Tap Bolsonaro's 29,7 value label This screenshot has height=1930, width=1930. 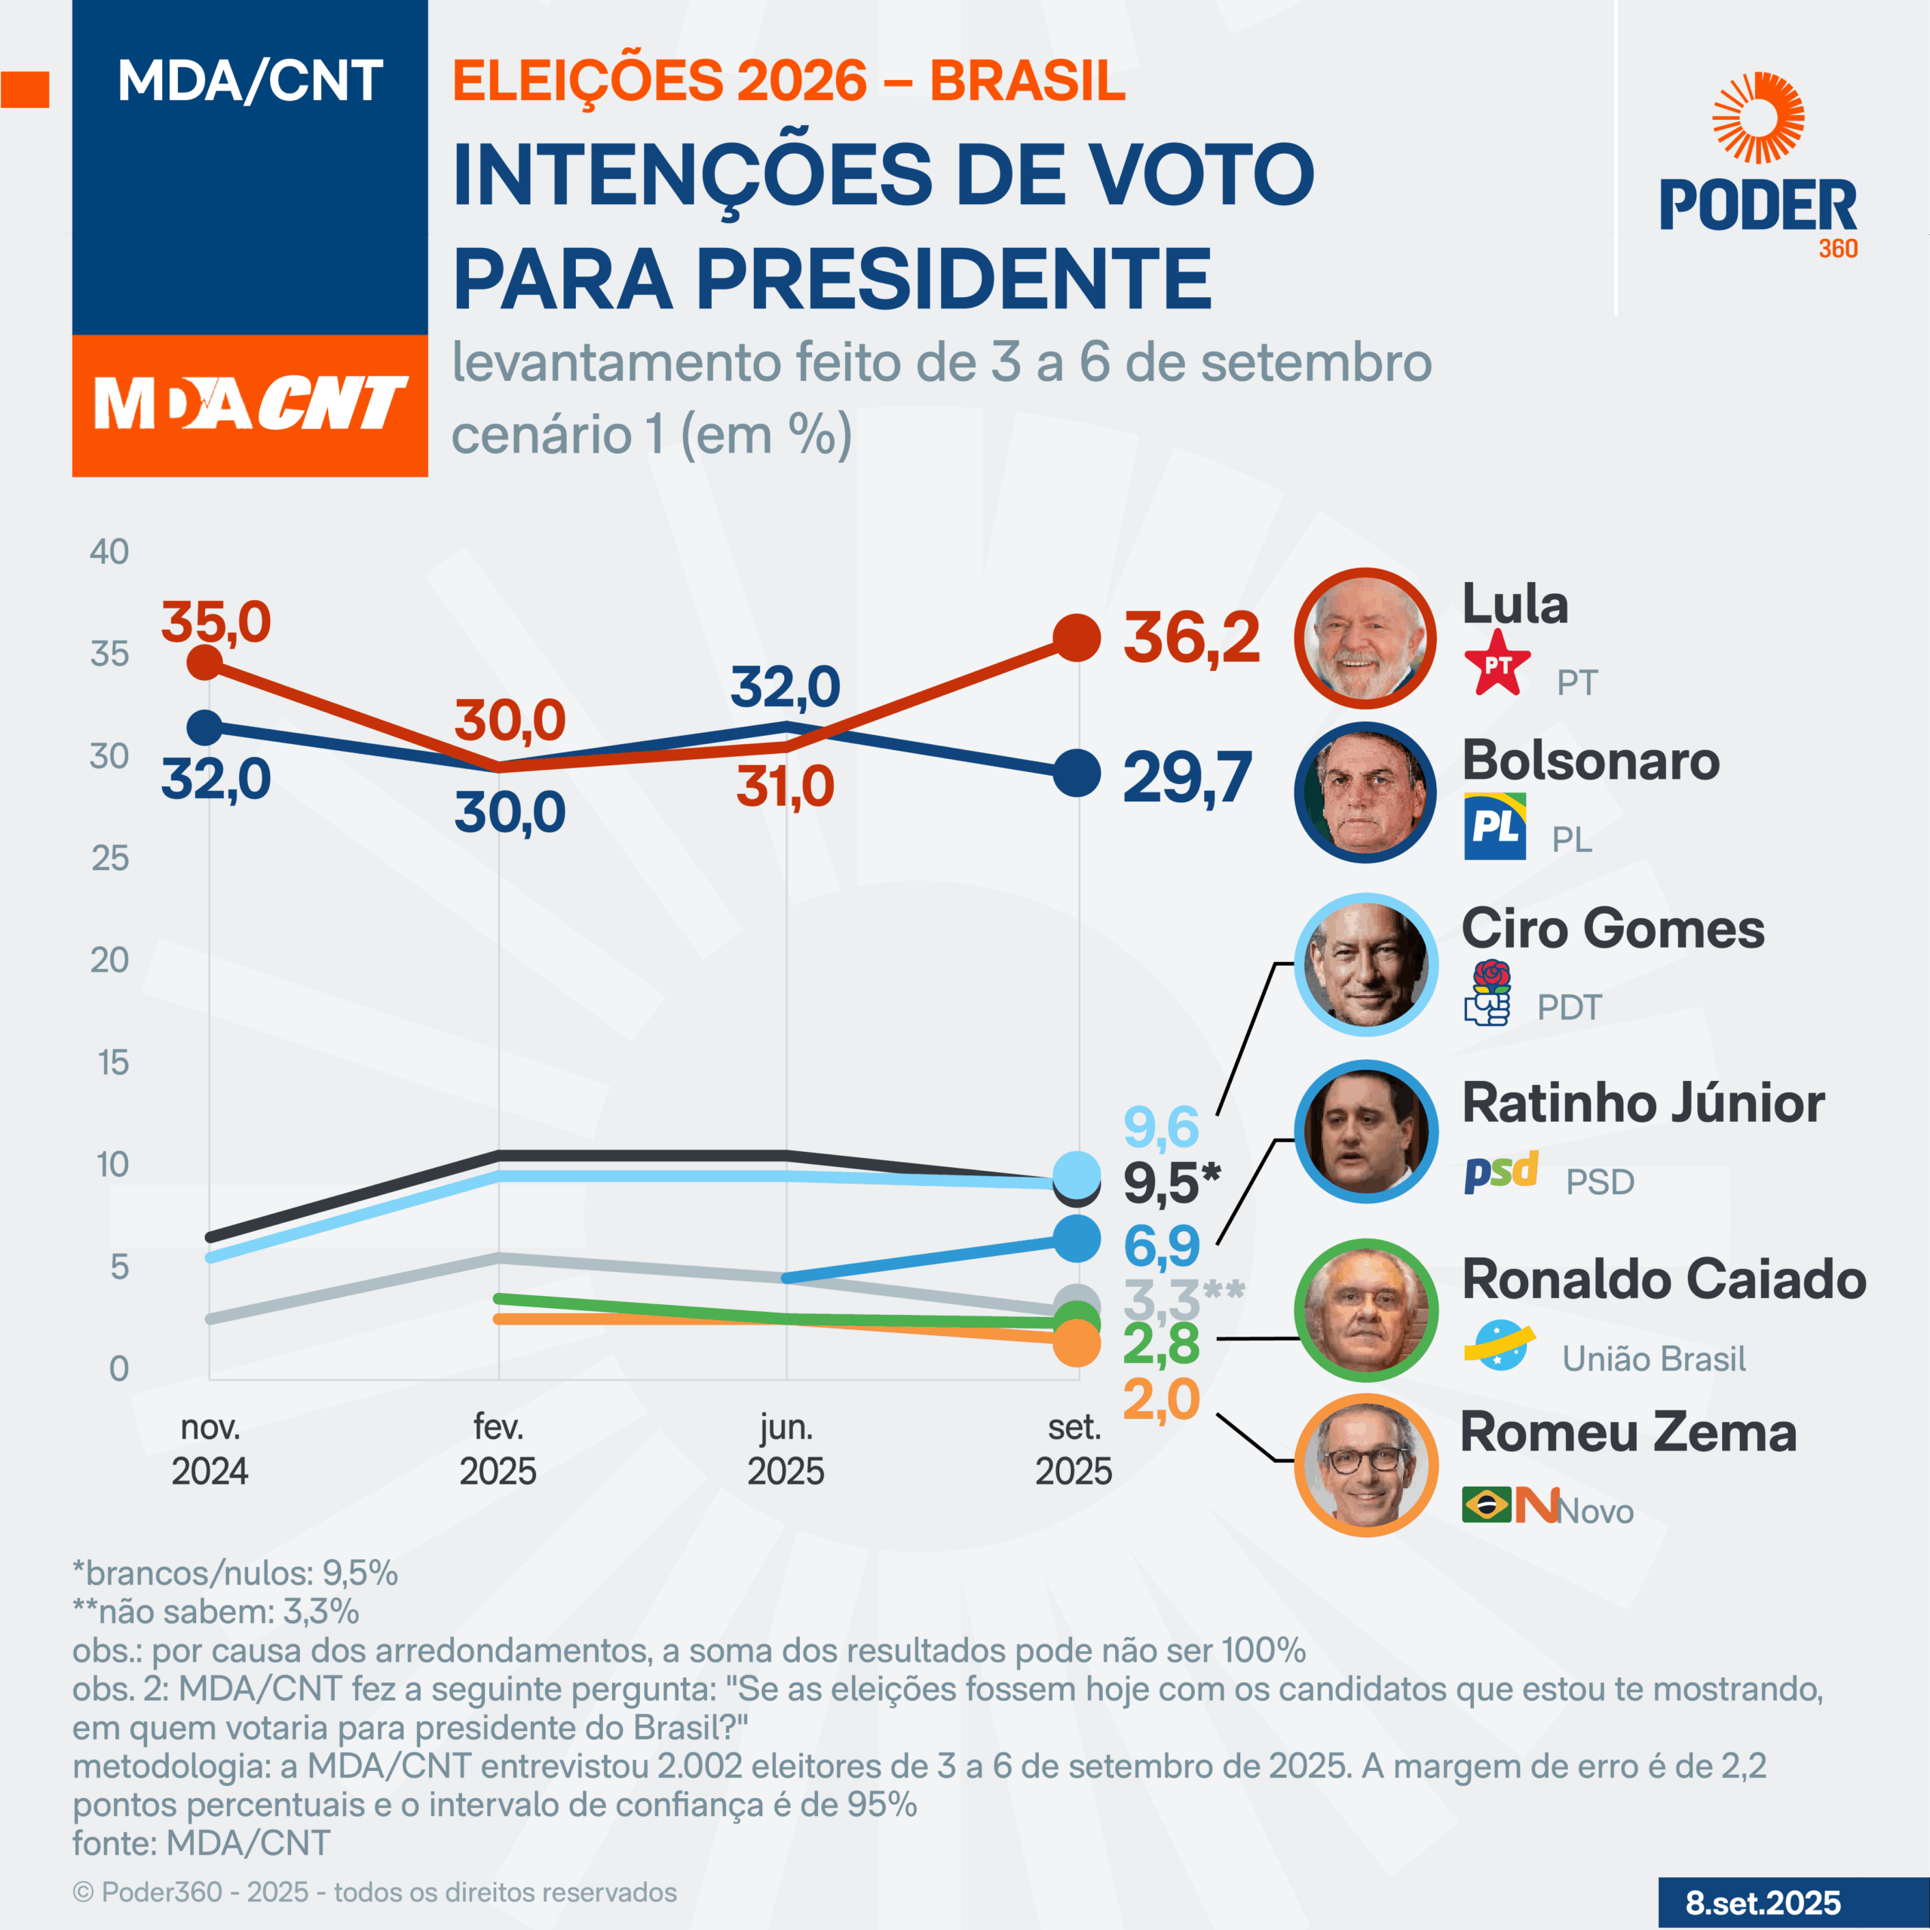[x=1187, y=777]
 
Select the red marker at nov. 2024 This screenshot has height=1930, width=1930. [x=205, y=661]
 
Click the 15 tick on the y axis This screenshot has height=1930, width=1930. [x=113, y=1062]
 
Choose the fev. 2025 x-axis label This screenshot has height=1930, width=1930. [x=498, y=1448]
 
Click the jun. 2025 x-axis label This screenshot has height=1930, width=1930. [x=786, y=1448]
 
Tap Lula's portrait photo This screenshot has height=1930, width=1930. [x=1365, y=639]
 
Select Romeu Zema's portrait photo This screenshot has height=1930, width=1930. [x=1365, y=1465]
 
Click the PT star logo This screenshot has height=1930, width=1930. [x=1497, y=663]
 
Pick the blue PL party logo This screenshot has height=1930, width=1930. [x=1494, y=826]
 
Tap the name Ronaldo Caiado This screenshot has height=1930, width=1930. [x=1663, y=1279]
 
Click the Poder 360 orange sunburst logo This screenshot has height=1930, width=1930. [x=1757, y=118]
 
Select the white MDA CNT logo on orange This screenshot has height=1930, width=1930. [x=250, y=405]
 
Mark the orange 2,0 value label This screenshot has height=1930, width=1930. [x=1161, y=1398]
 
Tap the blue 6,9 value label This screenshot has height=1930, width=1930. [x=1161, y=1245]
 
